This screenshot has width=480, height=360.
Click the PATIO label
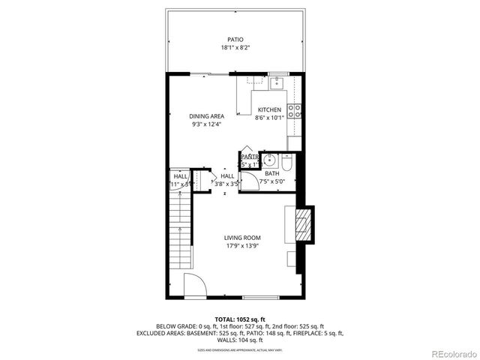(235, 40)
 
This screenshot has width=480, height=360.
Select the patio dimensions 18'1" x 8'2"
(235, 48)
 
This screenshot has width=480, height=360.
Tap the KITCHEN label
(269, 109)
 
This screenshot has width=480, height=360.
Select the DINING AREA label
(206, 116)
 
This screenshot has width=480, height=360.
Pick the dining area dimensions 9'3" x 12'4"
(206, 124)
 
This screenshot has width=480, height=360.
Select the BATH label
(271, 174)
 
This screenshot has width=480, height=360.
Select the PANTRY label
(250, 157)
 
